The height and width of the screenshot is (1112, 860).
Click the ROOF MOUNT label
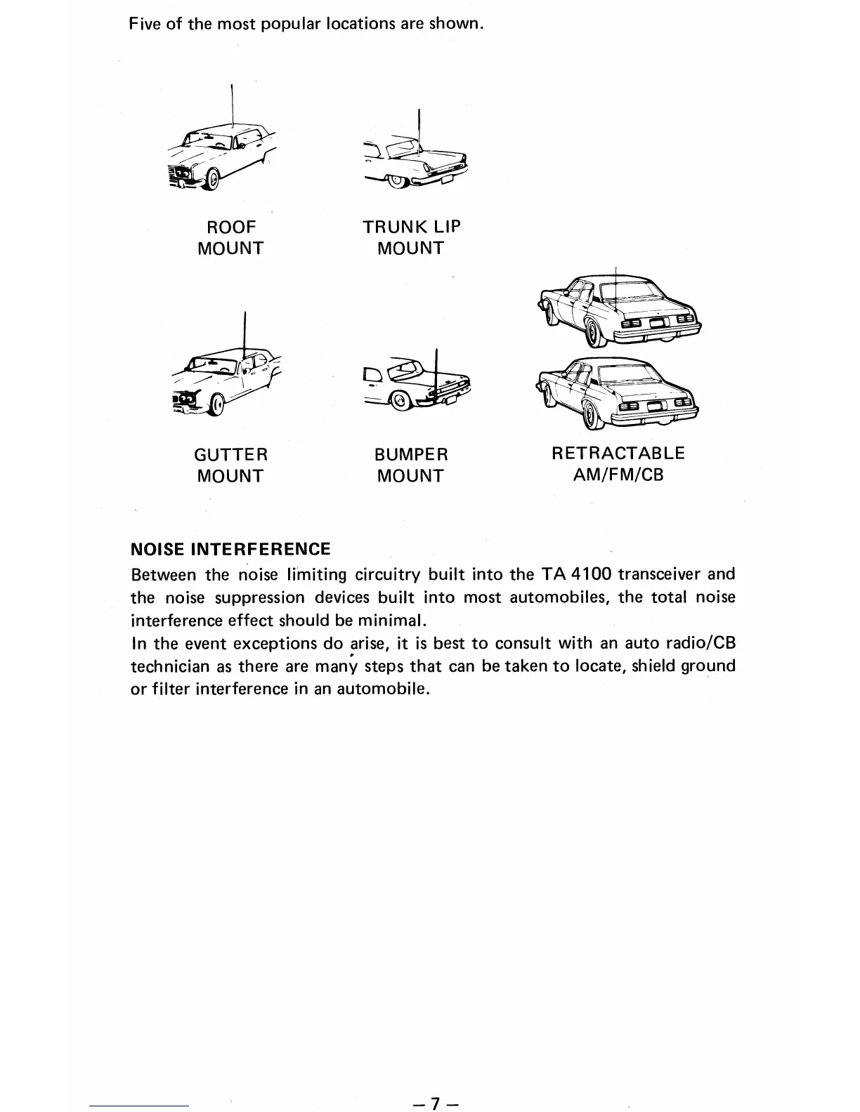[x=230, y=237]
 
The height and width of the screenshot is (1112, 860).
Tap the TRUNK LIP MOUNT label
[x=411, y=237]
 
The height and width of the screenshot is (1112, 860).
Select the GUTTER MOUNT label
[x=230, y=465]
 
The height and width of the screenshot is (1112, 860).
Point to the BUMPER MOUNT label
[x=411, y=465]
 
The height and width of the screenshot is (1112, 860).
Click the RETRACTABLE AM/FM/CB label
[x=618, y=463]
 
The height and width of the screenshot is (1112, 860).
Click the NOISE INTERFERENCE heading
[x=230, y=549]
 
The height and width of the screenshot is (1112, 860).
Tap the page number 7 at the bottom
[x=436, y=1103]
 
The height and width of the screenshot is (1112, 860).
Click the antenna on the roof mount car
[x=232, y=105]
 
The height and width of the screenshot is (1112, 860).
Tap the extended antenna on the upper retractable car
[x=615, y=284]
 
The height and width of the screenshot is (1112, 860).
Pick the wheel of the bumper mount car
[x=398, y=402]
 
